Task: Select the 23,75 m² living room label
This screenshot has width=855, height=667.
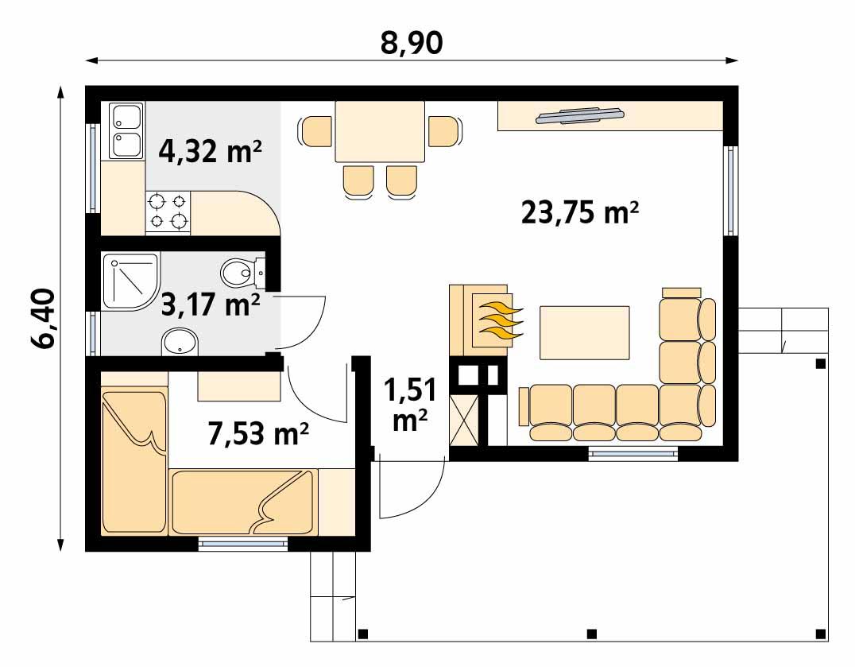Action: coord(581,212)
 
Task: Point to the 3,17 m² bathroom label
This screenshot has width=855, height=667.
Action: coord(211,304)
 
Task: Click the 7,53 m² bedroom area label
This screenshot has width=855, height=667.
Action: coord(258,434)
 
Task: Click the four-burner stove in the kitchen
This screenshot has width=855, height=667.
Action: coord(169,211)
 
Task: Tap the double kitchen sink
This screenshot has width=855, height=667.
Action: coord(126,130)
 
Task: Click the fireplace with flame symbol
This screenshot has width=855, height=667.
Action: coord(487,317)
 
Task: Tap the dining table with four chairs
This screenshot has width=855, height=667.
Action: coord(379,132)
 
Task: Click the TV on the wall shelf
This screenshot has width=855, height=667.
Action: coord(579,116)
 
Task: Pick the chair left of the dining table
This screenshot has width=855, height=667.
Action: coord(316,131)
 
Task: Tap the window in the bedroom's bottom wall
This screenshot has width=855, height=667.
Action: coord(242,545)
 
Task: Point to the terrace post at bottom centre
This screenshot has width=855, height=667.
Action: coord(590,634)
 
